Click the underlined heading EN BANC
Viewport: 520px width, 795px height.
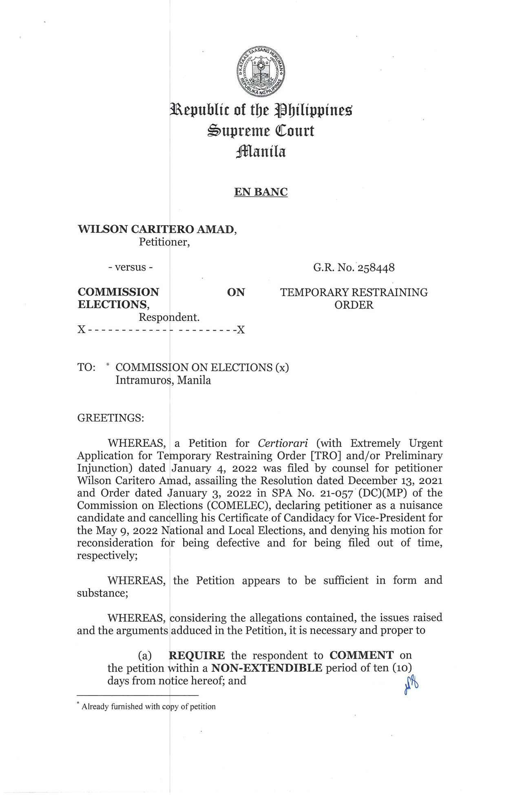(261, 192)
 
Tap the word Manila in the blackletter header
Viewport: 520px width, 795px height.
(261, 152)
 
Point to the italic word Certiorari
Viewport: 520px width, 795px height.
(283, 443)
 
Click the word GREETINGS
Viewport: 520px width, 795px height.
(111, 418)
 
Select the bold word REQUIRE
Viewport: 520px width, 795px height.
(197, 656)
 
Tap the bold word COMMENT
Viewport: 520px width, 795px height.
(361, 656)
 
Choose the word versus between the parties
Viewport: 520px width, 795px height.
(131, 267)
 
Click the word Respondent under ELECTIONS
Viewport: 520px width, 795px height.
(169, 317)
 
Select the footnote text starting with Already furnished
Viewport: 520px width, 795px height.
(148, 707)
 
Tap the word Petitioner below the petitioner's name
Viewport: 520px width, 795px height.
(164, 242)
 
